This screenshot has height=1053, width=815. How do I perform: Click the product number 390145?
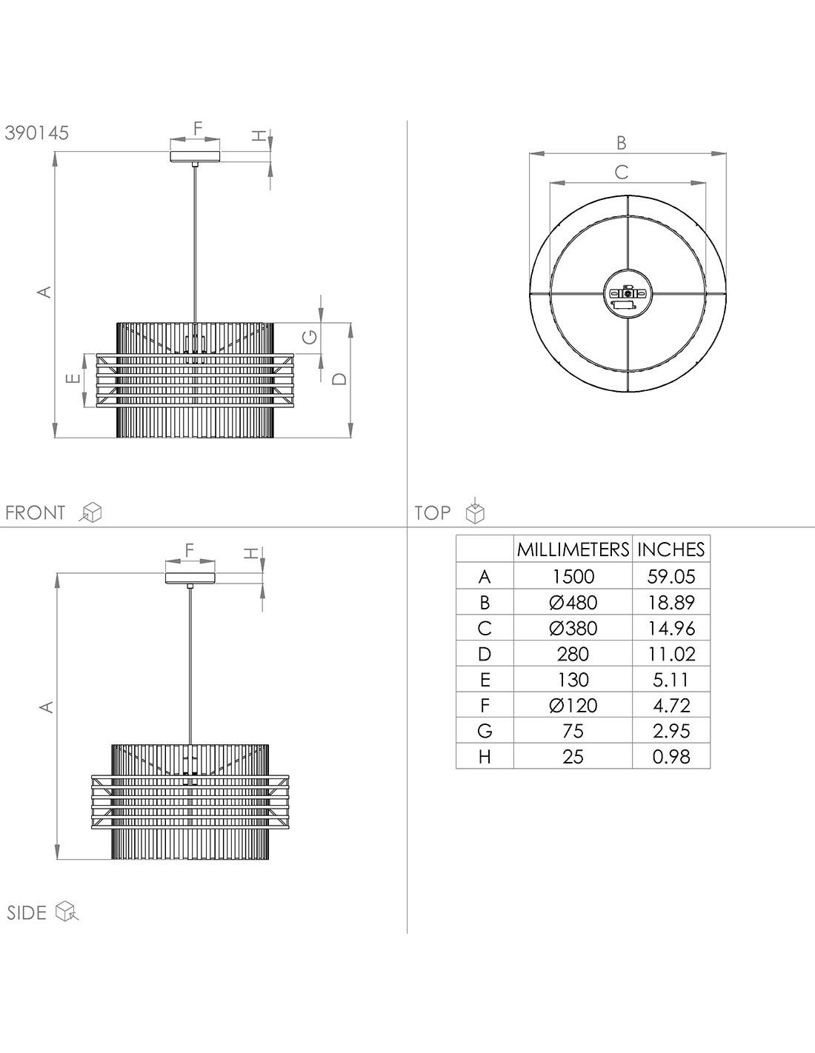pos(37,133)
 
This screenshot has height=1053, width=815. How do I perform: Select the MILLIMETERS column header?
pos(573,549)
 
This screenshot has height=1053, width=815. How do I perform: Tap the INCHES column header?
pos(671,549)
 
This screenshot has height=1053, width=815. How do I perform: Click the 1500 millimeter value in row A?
pos(573,577)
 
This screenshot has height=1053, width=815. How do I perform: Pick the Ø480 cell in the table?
pos(573,602)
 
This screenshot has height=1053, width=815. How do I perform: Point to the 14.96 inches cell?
pos(671,629)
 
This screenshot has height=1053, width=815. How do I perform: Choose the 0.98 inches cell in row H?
pos(671,757)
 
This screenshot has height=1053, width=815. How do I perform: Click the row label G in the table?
pos(485,731)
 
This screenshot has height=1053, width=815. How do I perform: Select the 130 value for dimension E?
pos(573,680)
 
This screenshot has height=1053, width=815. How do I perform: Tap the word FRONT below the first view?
pos(35,512)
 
